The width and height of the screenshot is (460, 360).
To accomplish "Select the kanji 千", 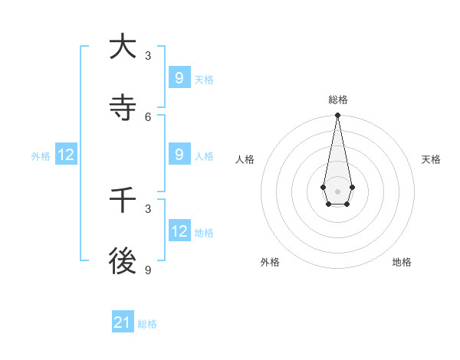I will [123, 200].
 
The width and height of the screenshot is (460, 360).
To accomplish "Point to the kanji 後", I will [123, 261].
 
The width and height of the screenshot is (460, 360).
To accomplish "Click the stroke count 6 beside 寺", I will [148, 116].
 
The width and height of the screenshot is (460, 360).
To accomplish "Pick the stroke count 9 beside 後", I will [148, 270].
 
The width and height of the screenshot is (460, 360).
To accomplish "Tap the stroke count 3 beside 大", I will [148, 55].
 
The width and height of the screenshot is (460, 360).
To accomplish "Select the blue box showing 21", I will [123, 322].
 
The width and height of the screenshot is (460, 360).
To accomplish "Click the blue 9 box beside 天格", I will [179, 78].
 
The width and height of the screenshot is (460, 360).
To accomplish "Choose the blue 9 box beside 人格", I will [179, 155].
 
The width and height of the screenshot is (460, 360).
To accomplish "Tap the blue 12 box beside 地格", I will [179, 231].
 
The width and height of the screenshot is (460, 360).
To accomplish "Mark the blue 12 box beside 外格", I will [66, 155].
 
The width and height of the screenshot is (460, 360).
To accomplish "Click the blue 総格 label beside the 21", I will [147, 324].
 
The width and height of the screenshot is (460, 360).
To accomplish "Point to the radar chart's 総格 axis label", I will [338, 100].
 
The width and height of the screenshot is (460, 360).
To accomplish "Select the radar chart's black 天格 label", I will [432, 159].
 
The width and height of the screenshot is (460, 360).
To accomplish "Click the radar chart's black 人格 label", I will [245, 159].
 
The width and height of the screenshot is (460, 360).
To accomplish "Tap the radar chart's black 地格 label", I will [402, 262].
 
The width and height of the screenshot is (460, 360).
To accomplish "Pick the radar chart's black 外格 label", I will [270, 262].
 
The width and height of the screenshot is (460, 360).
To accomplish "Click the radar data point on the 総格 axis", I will [337, 115].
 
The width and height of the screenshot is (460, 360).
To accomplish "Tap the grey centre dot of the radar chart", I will [337, 191].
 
